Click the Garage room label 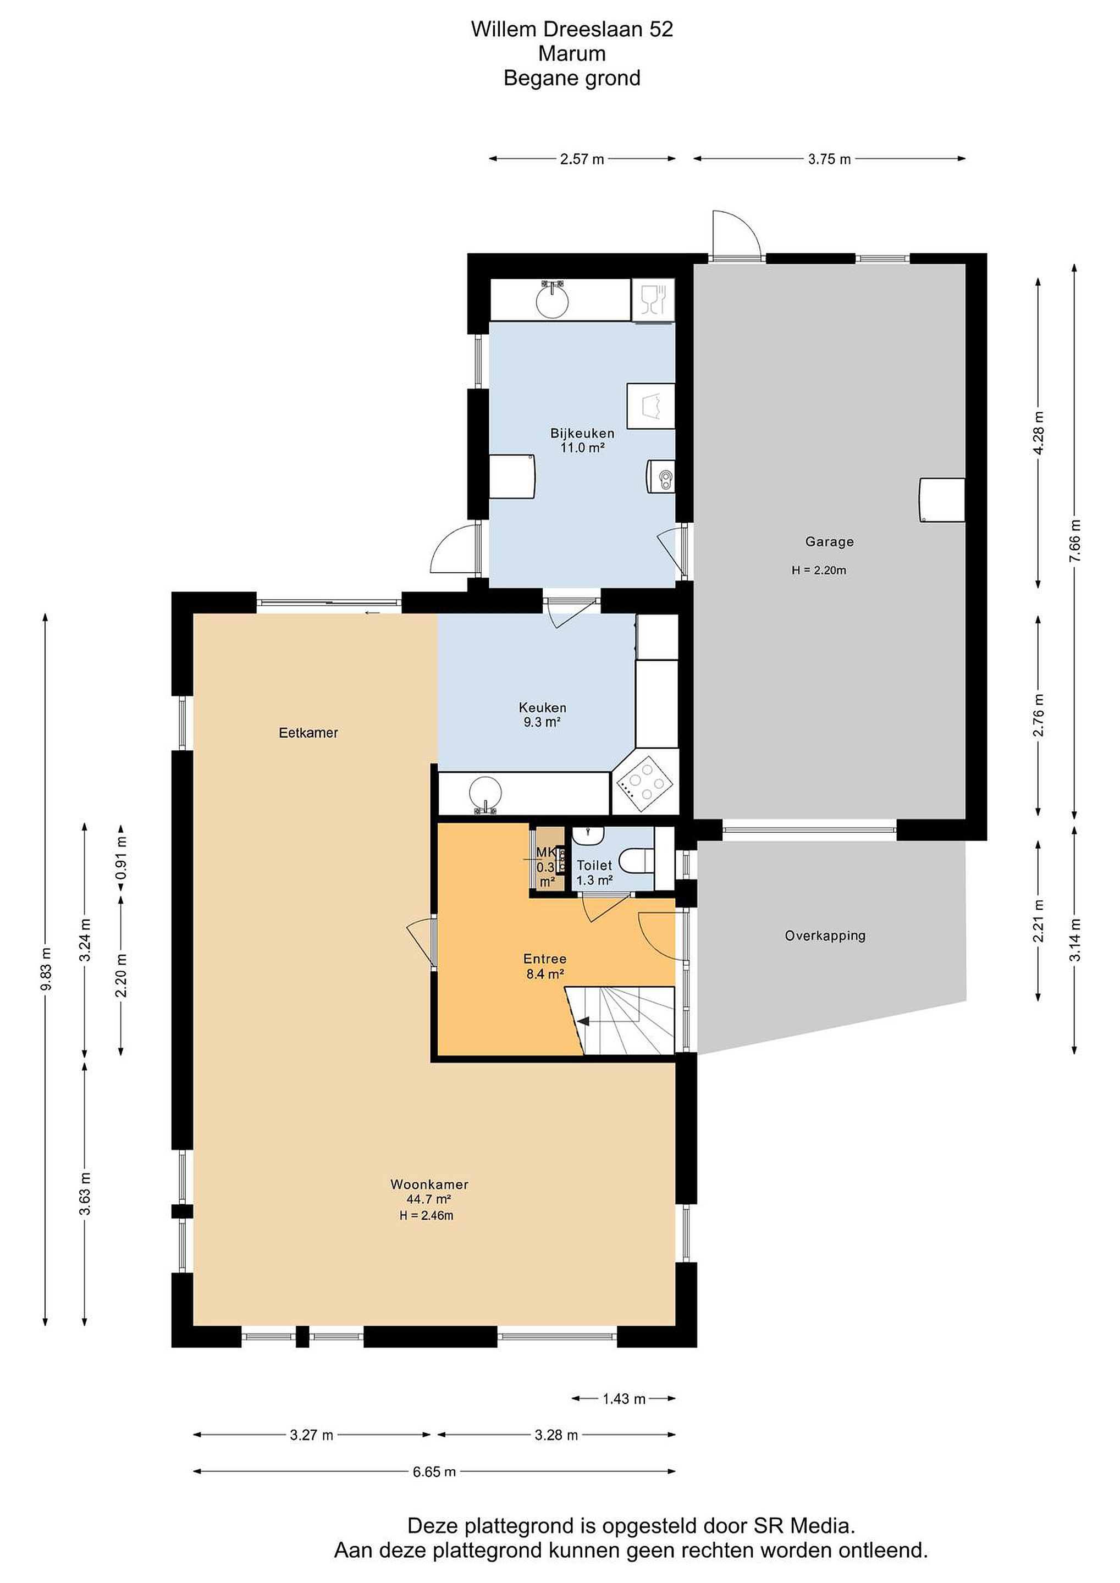pos(829,542)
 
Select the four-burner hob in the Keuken pos(645,784)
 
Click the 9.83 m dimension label pos(46,968)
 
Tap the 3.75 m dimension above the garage pos(830,159)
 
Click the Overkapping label pos(825,936)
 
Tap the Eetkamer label pos(308,733)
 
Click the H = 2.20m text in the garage pos(819,570)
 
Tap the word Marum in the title pos(572,53)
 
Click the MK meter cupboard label pos(545,852)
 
